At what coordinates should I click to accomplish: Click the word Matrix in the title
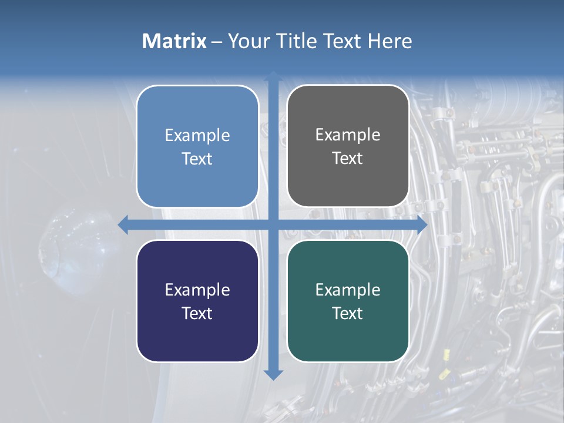coord(174,41)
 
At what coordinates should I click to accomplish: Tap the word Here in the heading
coord(390,41)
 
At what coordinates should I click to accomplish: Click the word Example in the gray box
coord(348,135)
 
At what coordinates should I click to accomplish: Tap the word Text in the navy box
coord(197,313)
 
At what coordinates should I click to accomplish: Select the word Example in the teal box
coord(348,290)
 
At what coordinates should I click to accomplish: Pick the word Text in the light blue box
coord(197,159)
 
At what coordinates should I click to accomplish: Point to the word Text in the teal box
coord(348,313)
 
